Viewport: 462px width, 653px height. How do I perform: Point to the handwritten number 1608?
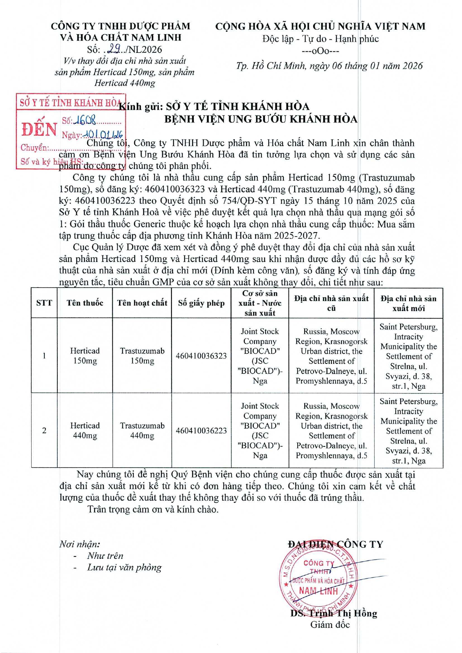pyautogui.click(x=85, y=120)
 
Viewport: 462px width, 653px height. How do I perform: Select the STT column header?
pyautogui.click(x=44, y=303)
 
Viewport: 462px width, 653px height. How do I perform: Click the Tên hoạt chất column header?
pyautogui.click(x=142, y=303)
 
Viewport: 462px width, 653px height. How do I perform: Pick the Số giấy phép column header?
pyautogui.click(x=201, y=303)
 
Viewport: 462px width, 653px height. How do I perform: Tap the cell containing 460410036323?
pyautogui.click(x=201, y=356)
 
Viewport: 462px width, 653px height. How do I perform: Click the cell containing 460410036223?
pyautogui.click(x=201, y=430)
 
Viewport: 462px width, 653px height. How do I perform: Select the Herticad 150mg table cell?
pyautogui.click(x=85, y=356)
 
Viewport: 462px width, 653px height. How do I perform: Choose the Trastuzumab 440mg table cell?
pyautogui.click(x=142, y=430)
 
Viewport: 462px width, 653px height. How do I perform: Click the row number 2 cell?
pyautogui.click(x=44, y=430)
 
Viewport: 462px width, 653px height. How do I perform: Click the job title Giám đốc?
pyautogui.click(x=330, y=625)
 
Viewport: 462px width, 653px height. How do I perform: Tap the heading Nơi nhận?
pyautogui.click(x=80, y=544)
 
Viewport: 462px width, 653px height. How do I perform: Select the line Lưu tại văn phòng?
pyautogui.click(x=124, y=567)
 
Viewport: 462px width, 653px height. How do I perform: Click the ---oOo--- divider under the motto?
pyautogui.click(x=320, y=51)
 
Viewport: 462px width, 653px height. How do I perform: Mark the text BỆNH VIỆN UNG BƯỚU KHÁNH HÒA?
pyautogui.click(x=261, y=119)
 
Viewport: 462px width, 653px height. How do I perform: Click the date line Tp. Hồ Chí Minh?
pyautogui.click(x=329, y=66)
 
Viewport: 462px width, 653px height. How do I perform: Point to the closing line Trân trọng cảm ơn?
pyautogui.click(x=153, y=509)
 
